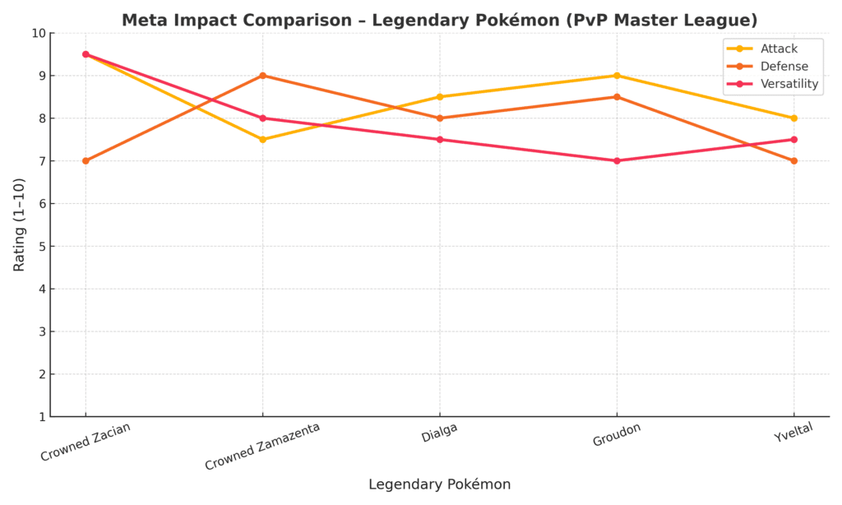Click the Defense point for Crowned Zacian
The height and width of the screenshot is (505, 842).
point(86,160)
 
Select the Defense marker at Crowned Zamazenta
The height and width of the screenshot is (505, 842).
point(262,76)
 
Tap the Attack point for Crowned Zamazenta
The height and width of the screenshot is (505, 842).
point(262,139)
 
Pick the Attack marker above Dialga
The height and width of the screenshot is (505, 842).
point(440,97)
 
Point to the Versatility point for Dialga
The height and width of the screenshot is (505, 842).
point(440,139)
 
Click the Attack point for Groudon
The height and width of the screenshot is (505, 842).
point(617,76)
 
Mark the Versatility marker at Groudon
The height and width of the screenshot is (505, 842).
point(617,160)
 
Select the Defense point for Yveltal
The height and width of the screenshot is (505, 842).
point(793,160)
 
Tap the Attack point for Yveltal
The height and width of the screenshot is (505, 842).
point(793,118)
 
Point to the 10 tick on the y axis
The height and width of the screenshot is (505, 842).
point(39,33)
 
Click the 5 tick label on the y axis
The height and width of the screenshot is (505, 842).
point(42,246)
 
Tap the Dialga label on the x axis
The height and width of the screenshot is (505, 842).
point(439,433)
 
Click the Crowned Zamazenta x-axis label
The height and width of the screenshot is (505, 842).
point(261,447)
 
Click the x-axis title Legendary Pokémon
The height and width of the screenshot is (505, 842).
point(439,484)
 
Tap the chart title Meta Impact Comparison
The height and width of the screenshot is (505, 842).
point(439,20)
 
